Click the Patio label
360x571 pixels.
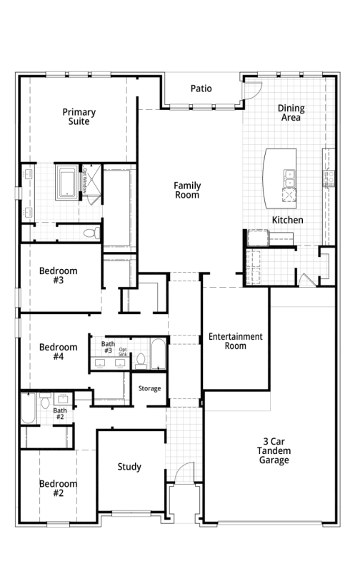pos(201,89)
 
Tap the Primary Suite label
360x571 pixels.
pos(79,116)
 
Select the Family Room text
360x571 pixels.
pos(187,190)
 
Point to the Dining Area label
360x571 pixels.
pos(291,113)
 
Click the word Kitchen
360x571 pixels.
pos(287,220)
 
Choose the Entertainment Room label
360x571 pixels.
pos(236,341)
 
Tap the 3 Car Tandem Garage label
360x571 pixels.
pos(274,451)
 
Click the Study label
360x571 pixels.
pos(129,467)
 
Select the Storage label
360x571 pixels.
pos(149,388)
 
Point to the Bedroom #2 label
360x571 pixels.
pos(59,488)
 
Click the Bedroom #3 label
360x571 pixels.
pos(59,276)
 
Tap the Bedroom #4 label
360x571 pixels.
pos(59,352)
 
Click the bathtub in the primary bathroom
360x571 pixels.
pos(66,182)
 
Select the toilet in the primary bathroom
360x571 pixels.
pos(92,233)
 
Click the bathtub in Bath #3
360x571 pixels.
pos(158,354)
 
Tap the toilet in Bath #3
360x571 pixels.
pos(141,361)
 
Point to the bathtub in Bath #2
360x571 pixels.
pos(29,408)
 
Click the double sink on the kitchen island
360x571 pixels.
pos(290,178)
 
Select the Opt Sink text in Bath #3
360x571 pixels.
pos(123,352)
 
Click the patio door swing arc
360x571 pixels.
pos(258,94)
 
